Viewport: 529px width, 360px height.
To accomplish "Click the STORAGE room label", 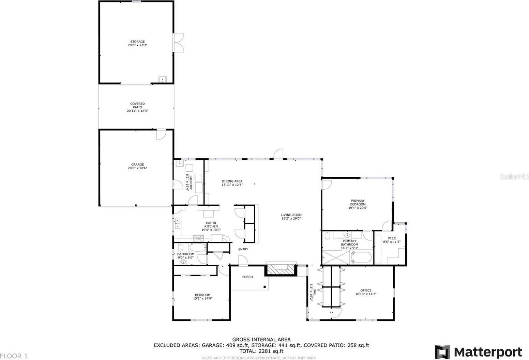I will click(137, 42).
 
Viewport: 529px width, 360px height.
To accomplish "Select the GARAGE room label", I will click(137, 165).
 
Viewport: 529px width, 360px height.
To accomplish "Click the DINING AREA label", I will click(232, 181).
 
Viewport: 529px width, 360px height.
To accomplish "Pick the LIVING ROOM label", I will click(291, 215).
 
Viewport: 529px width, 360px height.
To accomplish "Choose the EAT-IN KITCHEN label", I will click(211, 224).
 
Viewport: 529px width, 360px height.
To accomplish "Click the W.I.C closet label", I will click(392, 238).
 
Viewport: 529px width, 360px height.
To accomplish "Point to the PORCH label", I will click(247, 277).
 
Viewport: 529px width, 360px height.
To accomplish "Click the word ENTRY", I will click(243, 249).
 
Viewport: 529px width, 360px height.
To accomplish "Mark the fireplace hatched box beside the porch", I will click(281, 270).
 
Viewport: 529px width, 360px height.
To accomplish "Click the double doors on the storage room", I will click(179, 43).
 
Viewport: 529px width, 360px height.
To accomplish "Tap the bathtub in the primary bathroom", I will click(361, 257).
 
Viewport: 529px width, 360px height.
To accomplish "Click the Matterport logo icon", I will click(442, 352).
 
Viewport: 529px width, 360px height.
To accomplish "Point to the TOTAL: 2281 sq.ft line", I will click(261, 351).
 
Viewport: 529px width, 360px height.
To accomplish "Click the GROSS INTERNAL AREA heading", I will click(261, 339).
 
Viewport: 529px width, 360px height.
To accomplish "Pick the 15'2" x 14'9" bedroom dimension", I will click(202, 299).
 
